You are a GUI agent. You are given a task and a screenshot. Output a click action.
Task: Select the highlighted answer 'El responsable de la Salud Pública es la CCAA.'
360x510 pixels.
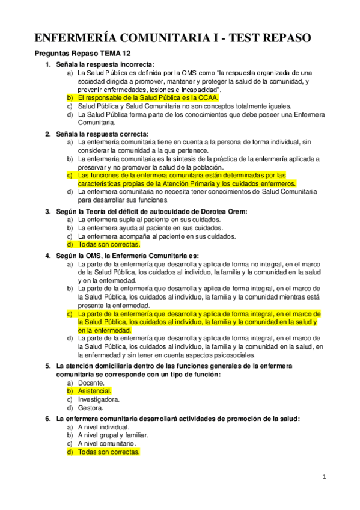click(148, 97)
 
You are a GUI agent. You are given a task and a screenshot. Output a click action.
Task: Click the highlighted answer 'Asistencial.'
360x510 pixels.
click(95, 390)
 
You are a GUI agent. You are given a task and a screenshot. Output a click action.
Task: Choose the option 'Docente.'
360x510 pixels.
click(91, 382)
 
